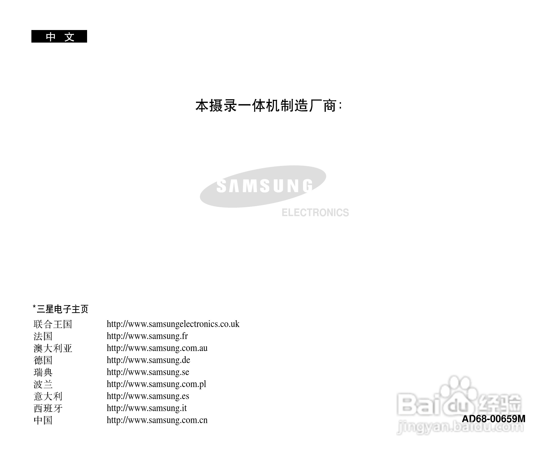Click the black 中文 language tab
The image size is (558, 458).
[x=59, y=36]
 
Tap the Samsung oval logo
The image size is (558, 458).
[x=263, y=186]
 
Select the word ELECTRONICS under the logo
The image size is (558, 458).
[x=315, y=213]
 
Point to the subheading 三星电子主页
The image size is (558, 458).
[x=61, y=309]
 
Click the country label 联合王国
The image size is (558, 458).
[x=53, y=324]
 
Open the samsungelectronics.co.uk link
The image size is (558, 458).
[x=173, y=324]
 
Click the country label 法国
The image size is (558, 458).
[x=43, y=336]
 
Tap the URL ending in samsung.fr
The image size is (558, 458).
[x=147, y=336]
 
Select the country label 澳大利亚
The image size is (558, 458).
[x=53, y=348]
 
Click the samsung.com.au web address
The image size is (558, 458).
[x=157, y=348]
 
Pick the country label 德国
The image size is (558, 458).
[x=43, y=360]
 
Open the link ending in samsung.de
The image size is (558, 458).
[x=148, y=360]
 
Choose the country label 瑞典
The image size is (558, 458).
[x=43, y=372]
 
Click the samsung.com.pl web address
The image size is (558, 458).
[x=156, y=384]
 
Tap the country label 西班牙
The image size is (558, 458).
[x=48, y=408]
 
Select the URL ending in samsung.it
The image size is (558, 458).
[x=147, y=408]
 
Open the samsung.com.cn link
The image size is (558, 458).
[x=157, y=420]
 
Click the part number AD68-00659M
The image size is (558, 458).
[x=493, y=419]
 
